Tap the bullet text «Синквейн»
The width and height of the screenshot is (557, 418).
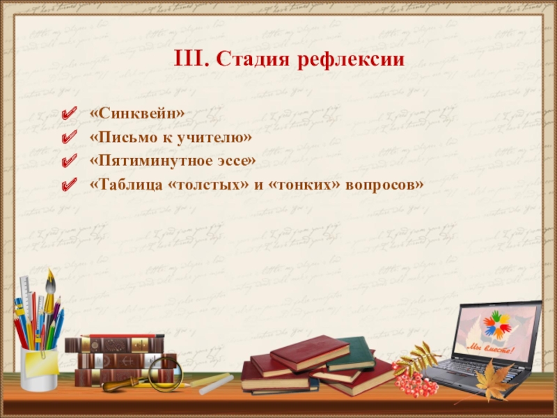coord(137,113)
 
